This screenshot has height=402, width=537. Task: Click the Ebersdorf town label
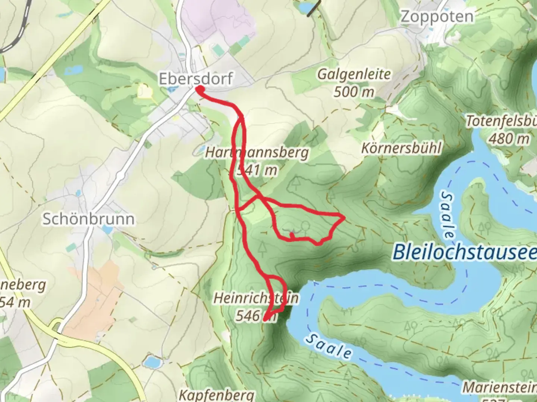pyautogui.click(x=196, y=79)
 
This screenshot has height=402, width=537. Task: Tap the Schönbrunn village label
pyautogui.click(x=88, y=219)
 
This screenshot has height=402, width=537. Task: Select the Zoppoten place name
pyautogui.click(x=437, y=16)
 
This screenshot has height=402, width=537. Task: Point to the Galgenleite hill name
pyautogui.click(x=354, y=74)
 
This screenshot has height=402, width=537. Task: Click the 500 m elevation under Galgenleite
pyautogui.click(x=354, y=91)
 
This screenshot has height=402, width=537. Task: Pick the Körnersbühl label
pyautogui.click(x=401, y=148)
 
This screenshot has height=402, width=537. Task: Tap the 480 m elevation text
pyautogui.click(x=509, y=139)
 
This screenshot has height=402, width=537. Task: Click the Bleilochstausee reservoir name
pyautogui.click(x=465, y=252)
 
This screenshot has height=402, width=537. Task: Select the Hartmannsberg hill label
pyautogui.click(x=257, y=153)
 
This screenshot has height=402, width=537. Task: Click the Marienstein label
pyautogui.click(x=500, y=387)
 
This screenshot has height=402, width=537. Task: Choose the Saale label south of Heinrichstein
pyautogui.click(x=328, y=346)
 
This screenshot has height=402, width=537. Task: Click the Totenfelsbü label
pyautogui.click(x=502, y=121)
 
